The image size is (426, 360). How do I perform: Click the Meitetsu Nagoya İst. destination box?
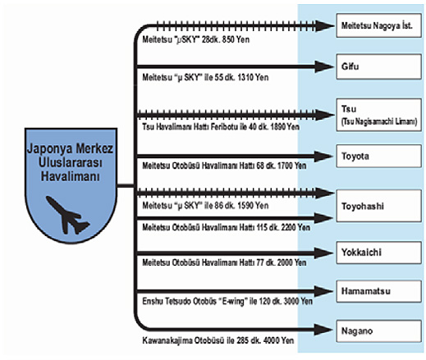coord(378,25)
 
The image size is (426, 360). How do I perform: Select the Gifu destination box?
coord(378,66)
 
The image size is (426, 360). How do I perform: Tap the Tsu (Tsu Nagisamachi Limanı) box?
coord(378,115)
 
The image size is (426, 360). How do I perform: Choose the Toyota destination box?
coord(378,156)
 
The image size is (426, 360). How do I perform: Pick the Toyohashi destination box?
coord(378,206)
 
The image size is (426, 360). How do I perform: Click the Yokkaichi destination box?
coord(378,253)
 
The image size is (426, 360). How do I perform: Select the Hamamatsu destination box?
coord(378,291)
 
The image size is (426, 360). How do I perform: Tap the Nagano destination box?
coord(378,331)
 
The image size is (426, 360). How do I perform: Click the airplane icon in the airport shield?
coord(67,215)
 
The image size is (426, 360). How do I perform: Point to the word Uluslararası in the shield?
coord(71,162)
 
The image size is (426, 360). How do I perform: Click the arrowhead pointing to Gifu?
coord(324,66)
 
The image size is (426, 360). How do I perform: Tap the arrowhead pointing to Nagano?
coord(324,330)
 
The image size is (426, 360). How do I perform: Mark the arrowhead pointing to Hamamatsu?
coord(324,291)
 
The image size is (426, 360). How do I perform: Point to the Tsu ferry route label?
coord(221,127)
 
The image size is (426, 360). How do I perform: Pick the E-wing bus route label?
coord(227,301)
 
